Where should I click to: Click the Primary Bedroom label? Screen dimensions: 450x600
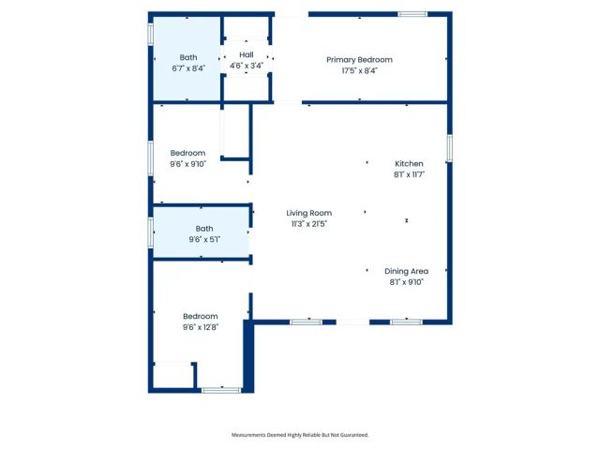tap(359, 60)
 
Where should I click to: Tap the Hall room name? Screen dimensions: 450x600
tap(247, 55)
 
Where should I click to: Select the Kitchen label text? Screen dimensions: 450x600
tap(409, 163)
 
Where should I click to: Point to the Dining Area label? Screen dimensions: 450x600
tap(407, 271)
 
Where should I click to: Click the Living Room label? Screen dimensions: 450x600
tap(309, 214)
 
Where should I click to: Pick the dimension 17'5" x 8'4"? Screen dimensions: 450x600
tap(359, 70)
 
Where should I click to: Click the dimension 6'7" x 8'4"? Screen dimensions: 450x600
tap(189, 68)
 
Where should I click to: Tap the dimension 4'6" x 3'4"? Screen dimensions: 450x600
tap(247, 66)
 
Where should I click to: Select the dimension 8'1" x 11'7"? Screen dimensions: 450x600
tap(410, 174)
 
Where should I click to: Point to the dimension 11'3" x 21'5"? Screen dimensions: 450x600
tap(309, 224)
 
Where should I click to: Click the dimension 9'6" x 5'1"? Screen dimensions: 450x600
tap(204, 239)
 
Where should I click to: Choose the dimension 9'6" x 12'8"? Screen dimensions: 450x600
tap(201, 327)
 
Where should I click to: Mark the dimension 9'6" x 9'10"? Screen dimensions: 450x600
tap(187, 164)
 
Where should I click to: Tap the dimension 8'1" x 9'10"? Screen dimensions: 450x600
tap(407, 281)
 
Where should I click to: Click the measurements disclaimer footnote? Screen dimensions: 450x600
tap(300, 435)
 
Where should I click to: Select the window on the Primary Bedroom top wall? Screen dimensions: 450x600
tap(412, 14)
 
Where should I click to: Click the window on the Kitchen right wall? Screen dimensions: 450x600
tap(450, 147)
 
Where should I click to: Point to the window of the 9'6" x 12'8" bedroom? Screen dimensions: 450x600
tap(221, 389)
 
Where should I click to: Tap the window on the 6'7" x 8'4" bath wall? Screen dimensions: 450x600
tap(151, 33)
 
